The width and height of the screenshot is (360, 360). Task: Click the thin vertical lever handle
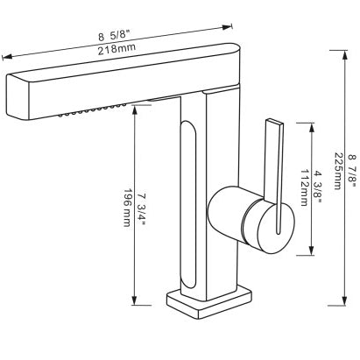coord(275,175)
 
